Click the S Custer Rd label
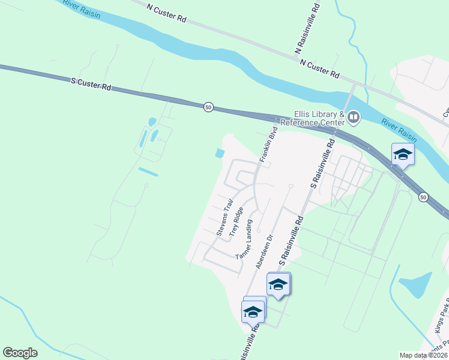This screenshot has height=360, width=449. pos(91,84)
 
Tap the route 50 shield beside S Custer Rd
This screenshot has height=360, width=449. pos(208,107)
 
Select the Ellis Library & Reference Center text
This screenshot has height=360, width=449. pos(319,118)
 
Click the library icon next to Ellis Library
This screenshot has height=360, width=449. pos(354,116)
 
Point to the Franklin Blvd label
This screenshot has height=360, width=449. pos(268,145)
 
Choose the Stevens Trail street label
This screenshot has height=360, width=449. pos(224,217)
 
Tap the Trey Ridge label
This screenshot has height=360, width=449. pos(236,221)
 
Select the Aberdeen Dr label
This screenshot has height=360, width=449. pos(264,251)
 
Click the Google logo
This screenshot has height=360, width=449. pos(20,353)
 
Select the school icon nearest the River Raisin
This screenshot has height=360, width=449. pos(403,154)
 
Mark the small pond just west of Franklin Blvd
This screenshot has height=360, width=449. pos(219,154)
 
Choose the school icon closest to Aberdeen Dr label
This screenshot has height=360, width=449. pos(278,284)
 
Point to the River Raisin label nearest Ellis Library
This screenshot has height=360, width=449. pos(399,131)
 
